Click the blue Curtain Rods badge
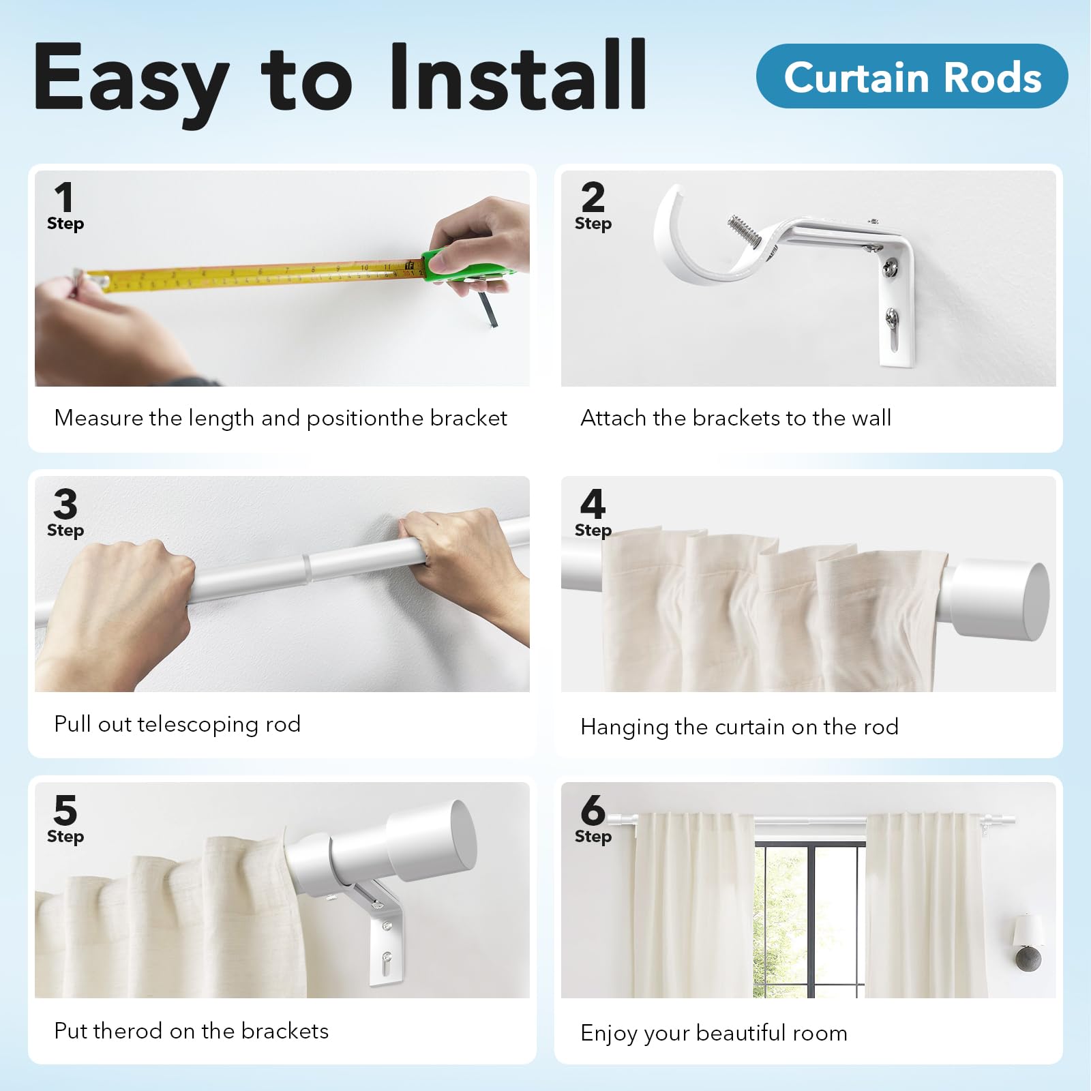(912, 76)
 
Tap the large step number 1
(64, 198)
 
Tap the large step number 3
(65, 505)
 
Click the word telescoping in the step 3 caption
(198, 724)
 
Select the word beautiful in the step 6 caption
(741, 1033)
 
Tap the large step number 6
(593, 811)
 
